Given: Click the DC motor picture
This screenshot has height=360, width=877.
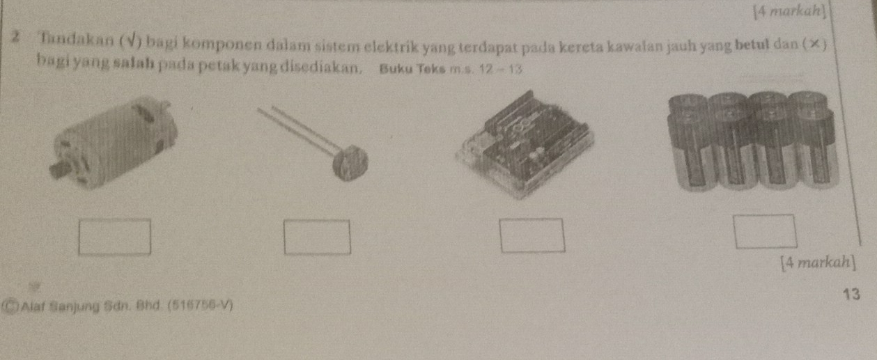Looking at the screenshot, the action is click(x=114, y=143).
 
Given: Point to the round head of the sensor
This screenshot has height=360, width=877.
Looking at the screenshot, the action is click(x=350, y=163).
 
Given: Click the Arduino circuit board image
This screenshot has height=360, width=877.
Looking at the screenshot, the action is click(x=525, y=145).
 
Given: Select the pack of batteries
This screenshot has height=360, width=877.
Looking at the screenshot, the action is click(x=753, y=141).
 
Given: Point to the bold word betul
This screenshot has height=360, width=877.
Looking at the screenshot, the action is click(x=752, y=45).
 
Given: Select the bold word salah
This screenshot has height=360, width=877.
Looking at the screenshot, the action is click(x=133, y=63).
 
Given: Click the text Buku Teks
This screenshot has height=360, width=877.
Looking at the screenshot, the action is click(x=412, y=69).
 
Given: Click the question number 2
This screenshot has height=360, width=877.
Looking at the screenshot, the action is click(x=15, y=37).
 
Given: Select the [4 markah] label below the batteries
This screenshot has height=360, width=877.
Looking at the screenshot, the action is click(x=818, y=263).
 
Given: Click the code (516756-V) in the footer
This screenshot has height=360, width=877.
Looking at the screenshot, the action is click(x=200, y=305).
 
